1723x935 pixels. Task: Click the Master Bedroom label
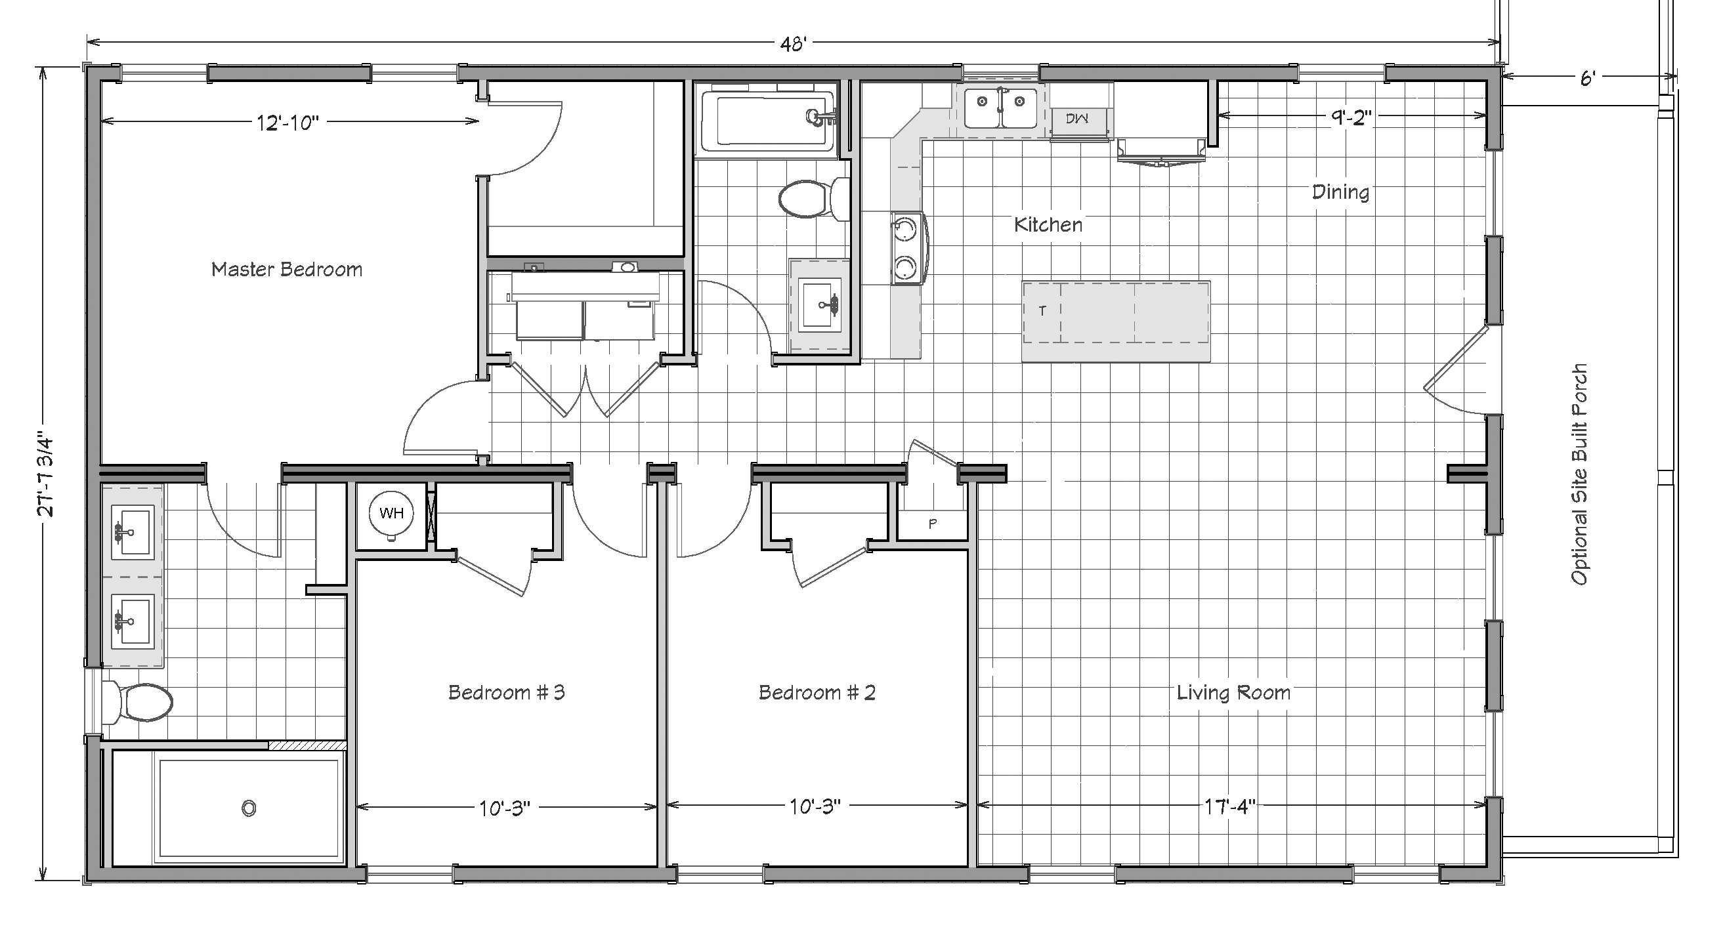click(x=287, y=270)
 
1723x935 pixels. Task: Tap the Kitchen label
click(x=1048, y=224)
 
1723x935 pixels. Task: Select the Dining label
click(x=1340, y=193)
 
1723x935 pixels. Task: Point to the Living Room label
click(x=1233, y=693)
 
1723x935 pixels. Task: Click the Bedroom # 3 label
click(x=506, y=692)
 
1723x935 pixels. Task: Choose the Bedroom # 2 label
click(x=817, y=692)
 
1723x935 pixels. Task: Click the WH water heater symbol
click(x=391, y=514)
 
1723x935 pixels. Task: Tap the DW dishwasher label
click(x=1077, y=118)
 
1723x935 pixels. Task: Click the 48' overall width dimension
click(x=794, y=43)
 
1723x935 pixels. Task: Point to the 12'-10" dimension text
click(x=288, y=123)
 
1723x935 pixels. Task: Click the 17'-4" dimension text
click(x=1231, y=806)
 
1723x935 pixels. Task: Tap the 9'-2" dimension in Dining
click(x=1351, y=117)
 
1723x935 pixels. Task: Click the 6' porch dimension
click(x=1588, y=79)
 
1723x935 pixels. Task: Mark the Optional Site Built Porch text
click(x=1579, y=474)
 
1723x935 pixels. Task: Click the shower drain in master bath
click(x=249, y=808)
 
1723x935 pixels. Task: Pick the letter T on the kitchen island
click(x=1042, y=311)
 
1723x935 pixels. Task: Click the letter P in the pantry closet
click(x=933, y=524)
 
